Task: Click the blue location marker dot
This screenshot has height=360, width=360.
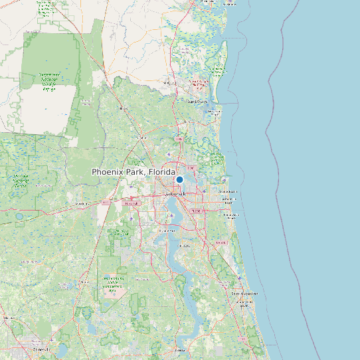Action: (x=179, y=179)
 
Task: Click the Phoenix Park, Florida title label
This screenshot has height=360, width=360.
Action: (x=133, y=172)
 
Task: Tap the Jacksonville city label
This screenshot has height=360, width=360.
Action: (x=176, y=194)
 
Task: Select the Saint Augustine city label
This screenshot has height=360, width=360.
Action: (x=243, y=293)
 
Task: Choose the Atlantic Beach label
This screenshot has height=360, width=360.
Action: (x=229, y=191)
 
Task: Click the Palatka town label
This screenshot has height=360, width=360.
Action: (x=179, y=349)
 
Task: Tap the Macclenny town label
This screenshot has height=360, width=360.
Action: (x=82, y=203)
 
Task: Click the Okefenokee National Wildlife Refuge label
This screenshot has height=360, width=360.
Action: (x=48, y=81)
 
